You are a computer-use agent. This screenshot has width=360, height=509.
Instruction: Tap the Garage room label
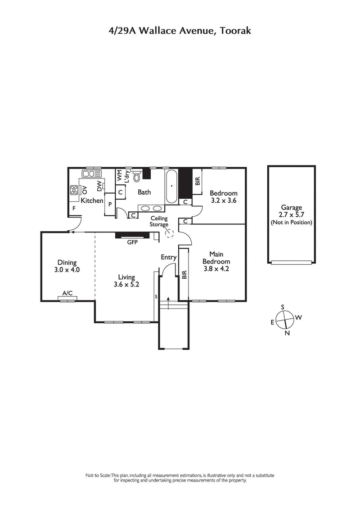[x=291, y=207]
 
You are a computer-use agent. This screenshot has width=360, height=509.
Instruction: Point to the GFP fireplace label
[x=132, y=242]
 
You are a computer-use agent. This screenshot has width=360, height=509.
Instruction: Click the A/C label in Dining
[x=67, y=293]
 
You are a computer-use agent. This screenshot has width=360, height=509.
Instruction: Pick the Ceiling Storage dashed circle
[x=170, y=233]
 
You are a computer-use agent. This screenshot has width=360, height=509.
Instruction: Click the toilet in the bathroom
[x=136, y=177]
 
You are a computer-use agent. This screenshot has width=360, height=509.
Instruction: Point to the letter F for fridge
[x=74, y=208]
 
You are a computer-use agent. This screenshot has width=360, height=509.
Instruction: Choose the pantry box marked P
[x=110, y=205]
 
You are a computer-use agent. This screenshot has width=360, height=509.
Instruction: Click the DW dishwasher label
[x=99, y=186]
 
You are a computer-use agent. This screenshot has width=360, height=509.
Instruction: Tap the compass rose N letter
[x=287, y=333]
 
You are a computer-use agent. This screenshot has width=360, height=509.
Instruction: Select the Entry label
[x=169, y=257]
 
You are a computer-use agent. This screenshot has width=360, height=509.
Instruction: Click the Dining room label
[x=67, y=263]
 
